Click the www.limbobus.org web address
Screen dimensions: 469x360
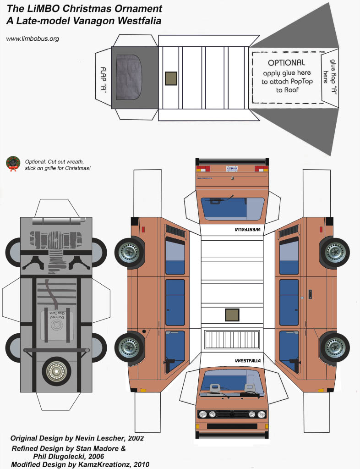pyautogui.click(x=33, y=39)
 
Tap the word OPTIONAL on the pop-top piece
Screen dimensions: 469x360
pyautogui.click(x=286, y=63)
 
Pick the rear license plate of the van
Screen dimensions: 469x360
pyautogui.click(x=232, y=168)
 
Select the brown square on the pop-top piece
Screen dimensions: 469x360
pyautogui.click(x=171, y=78)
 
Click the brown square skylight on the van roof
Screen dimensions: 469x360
pyautogui.click(x=232, y=315)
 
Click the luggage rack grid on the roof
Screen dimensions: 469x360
pyautogui.click(x=232, y=341)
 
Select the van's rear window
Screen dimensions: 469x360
pyautogui.click(x=232, y=209)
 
